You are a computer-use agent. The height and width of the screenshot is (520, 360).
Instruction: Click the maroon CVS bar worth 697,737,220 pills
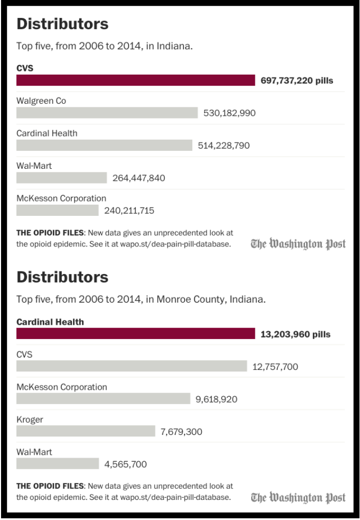136,80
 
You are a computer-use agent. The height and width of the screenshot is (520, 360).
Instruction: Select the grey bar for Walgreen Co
107,113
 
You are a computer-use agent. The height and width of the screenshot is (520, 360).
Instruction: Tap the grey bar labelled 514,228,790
104,145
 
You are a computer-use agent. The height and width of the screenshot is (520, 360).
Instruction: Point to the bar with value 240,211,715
57,211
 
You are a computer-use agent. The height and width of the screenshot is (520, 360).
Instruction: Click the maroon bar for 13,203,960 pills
136,334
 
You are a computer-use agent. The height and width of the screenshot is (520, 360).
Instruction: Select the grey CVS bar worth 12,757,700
132,367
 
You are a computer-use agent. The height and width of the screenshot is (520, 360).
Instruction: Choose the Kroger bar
86,431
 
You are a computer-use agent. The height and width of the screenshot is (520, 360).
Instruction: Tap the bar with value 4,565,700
57,464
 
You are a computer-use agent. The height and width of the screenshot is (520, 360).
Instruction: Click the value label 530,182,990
229,113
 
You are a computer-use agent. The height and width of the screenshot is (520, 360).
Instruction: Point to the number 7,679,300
181,432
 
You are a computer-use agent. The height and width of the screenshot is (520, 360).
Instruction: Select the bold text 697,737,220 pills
297,80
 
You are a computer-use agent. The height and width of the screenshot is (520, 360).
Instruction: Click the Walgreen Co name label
41,101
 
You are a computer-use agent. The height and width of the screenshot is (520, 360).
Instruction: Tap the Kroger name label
30,419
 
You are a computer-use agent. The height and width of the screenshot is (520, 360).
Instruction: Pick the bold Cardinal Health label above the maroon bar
50,322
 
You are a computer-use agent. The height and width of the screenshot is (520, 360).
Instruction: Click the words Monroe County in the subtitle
194,299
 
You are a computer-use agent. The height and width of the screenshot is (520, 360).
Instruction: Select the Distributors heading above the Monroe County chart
62,277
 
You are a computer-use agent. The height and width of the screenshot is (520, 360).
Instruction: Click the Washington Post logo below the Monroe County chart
298,497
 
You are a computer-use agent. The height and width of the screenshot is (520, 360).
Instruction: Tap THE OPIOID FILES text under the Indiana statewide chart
50,233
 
